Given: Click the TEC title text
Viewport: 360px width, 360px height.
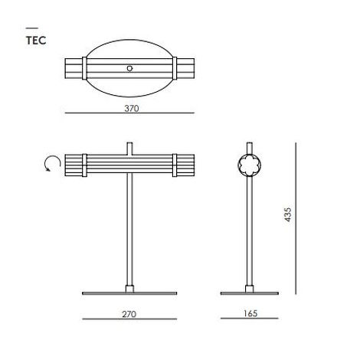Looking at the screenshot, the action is click(x=36, y=41).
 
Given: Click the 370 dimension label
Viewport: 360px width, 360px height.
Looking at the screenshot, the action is click(x=132, y=109).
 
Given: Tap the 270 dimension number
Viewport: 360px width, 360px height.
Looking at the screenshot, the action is click(x=129, y=314).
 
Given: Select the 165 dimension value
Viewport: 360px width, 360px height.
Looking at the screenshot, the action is click(x=250, y=313).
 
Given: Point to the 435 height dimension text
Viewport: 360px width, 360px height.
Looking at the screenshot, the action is click(x=288, y=214).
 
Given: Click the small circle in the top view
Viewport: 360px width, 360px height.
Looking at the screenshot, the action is click(x=129, y=68).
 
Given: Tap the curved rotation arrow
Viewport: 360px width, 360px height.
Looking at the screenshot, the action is click(x=52, y=163).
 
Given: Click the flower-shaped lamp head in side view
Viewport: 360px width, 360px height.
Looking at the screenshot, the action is click(x=249, y=165).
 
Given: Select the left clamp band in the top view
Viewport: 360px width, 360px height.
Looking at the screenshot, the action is click(x=84, y=68).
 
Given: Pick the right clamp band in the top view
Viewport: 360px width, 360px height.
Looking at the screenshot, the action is click(x=175, y=68).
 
